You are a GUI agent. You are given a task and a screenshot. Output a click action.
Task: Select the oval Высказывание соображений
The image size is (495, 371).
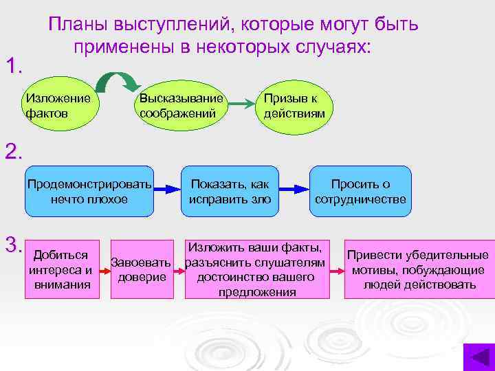(x=182, y=106)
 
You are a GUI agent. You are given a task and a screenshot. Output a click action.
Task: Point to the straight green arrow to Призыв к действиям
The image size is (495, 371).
(x=240, y=104)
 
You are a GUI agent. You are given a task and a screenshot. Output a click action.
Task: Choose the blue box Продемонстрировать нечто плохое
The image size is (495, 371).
(x=89, y=192)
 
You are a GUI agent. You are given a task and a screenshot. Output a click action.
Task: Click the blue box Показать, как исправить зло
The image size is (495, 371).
(x=230, y=192)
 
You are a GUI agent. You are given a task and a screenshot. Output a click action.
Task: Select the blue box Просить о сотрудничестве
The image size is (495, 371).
(x=360, y=192)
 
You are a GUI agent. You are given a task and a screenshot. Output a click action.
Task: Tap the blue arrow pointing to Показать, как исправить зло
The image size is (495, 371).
(x=166, y=190)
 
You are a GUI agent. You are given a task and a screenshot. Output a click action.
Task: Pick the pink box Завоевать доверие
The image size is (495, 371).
(x=142, y=269)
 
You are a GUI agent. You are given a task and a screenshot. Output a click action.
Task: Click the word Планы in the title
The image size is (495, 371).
(x=73, y=25)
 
